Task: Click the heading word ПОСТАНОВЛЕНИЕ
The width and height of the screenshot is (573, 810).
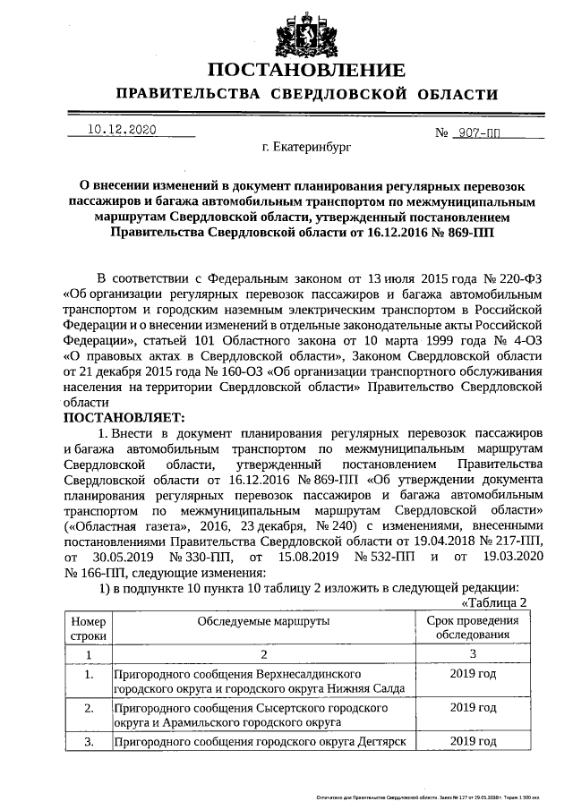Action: click(304, 71)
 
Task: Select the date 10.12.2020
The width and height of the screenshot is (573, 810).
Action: click(122, 130)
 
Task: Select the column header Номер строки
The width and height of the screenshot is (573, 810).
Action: click(88, 628)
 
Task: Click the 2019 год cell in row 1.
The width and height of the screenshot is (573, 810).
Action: click(473, 672)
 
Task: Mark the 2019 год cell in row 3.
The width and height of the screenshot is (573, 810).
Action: click(473, 741)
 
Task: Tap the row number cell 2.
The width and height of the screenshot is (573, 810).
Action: click(88, 708)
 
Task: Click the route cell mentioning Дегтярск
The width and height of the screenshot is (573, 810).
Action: click(261, 742)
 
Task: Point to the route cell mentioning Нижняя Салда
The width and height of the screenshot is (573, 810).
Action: click(261, 680)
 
